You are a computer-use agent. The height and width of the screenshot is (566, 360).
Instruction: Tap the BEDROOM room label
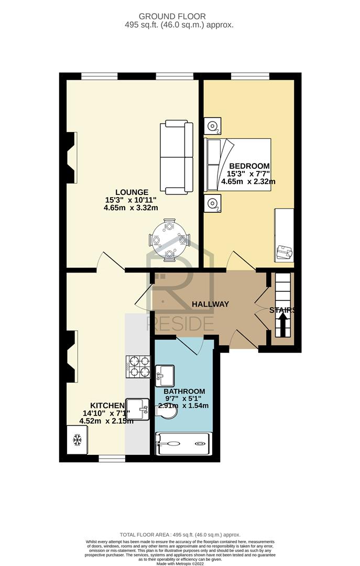[x=249, y=166]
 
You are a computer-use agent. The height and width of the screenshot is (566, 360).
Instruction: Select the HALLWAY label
[x=210, y=304]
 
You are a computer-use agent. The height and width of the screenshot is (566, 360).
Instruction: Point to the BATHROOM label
[x=184, y=391]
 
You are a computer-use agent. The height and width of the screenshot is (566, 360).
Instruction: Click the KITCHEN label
[x=107, y=406]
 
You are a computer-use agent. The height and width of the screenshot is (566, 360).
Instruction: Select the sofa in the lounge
[x=177, y=157]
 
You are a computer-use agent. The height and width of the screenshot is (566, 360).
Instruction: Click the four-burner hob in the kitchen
[x=138, y=366]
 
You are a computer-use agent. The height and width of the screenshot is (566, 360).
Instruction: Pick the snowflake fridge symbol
[x=77, y=440]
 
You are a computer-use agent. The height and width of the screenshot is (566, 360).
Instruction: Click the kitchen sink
[x=138, y=409]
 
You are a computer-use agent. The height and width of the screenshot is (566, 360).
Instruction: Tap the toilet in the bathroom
[x=167, y=411]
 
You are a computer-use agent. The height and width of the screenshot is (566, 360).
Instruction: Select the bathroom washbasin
[x=165, y=375]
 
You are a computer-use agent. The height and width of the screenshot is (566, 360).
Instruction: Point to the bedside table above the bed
[x=212, y=126]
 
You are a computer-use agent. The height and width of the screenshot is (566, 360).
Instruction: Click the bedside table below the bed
[x=212, y=204]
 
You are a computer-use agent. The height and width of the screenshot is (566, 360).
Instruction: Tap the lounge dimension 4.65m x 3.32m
[x=130, y=208]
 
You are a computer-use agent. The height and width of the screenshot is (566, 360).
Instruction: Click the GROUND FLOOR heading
[x=172, y=16]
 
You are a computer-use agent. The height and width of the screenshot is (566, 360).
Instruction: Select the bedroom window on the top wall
[x=250, y=76]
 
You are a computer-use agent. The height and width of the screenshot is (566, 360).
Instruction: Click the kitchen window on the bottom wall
[x=112, y=459]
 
